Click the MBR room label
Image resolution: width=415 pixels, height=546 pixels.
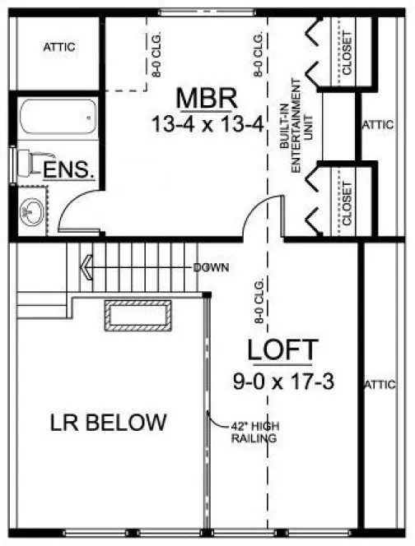pos(207,99)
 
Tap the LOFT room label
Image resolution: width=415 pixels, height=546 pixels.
pos(282,350)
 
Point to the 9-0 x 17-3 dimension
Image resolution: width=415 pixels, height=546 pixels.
pos(282,381)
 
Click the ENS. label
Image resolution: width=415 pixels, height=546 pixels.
pos(69,171)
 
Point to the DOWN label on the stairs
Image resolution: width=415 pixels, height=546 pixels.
pos(212,267)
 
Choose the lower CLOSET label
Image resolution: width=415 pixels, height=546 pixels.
pos(347,202)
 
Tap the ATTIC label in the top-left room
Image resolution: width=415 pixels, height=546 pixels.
pos(58,47)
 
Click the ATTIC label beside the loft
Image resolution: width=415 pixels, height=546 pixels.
pos(379,383)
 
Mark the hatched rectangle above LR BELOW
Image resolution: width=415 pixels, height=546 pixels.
pos(138,316)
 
